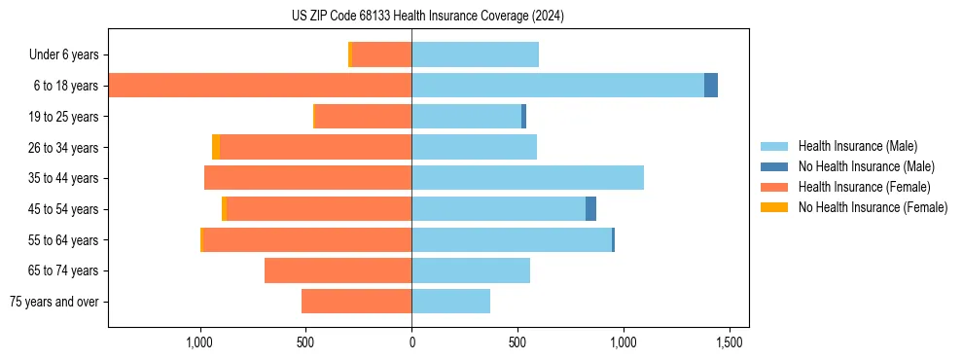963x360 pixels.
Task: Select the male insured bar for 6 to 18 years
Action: [x=557, y=86]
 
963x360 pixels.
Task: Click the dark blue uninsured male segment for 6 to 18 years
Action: [x=711, y=86]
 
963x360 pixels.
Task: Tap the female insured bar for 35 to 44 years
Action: [x=307, y=178]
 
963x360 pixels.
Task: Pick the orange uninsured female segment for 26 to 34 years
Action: [x=216, y=147]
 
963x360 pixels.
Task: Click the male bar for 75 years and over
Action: [x=450, y=302]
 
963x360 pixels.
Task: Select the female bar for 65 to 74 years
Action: [x=338, y=270]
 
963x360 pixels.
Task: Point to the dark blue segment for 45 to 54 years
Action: [x=590, y=209]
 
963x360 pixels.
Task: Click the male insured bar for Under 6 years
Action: [x=475, y=54]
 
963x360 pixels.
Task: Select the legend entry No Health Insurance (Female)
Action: [x=873, y=207]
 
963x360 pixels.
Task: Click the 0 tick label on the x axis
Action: [x=411, y=342]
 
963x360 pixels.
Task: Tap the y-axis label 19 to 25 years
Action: [x=65, y=117]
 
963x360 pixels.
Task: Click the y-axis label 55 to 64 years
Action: [x=65, y=240]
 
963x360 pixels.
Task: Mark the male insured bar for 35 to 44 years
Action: [x=527, y=178]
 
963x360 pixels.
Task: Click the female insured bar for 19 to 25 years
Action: [x=364, y=117]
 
